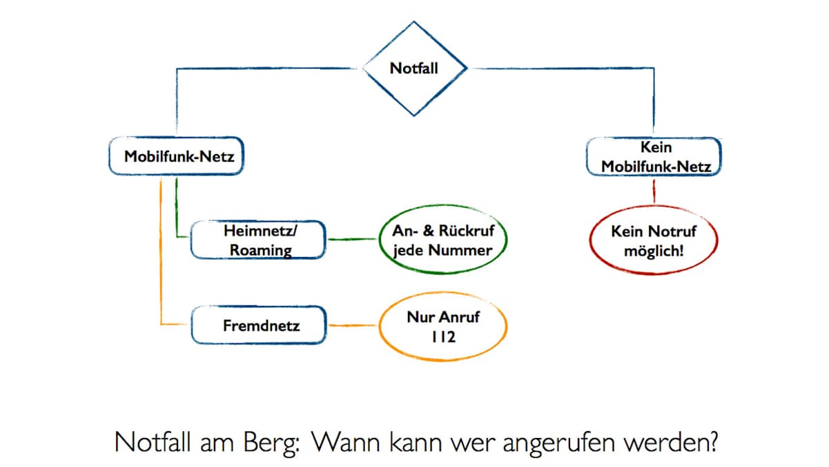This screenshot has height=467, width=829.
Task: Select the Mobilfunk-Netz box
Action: click(x=178, y=157)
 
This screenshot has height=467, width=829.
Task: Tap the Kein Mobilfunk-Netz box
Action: click(x=655, y=157)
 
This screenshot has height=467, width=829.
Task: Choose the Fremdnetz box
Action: click(x=259, y=325)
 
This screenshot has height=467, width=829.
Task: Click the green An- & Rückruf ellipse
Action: click(x=442, y=240)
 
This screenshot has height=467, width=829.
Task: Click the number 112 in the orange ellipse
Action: click(x=443, y=338)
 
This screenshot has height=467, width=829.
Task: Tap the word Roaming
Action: click(x=260, y=250)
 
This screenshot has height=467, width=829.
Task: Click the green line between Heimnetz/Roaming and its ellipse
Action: click(x=351, y=240)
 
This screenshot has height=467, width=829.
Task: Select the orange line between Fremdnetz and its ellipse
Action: click(x=352, y=325)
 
